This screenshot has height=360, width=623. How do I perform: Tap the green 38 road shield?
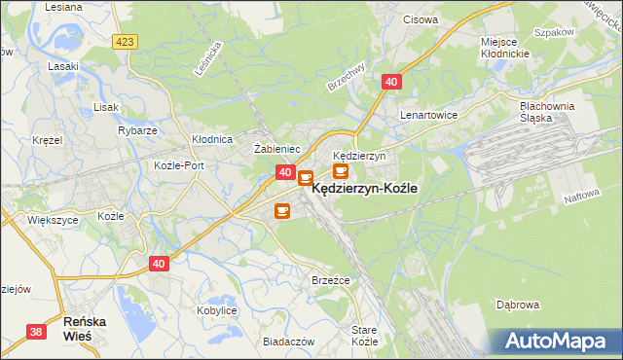coord(36,332)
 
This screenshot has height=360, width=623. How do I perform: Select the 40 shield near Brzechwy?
coord(390,84)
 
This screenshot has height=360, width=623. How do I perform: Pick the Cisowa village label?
coord(421,18)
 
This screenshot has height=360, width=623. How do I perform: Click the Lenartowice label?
coord(428,114)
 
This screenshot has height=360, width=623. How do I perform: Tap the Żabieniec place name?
coord(276,149)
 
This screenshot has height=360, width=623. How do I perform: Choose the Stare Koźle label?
coord(364,337)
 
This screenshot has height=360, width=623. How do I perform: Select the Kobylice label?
coord(217,310)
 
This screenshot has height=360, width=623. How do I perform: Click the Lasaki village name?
coord(62,67)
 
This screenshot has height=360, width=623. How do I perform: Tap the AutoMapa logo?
coord(558,341)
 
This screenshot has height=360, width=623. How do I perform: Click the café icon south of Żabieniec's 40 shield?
coord(282,210)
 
